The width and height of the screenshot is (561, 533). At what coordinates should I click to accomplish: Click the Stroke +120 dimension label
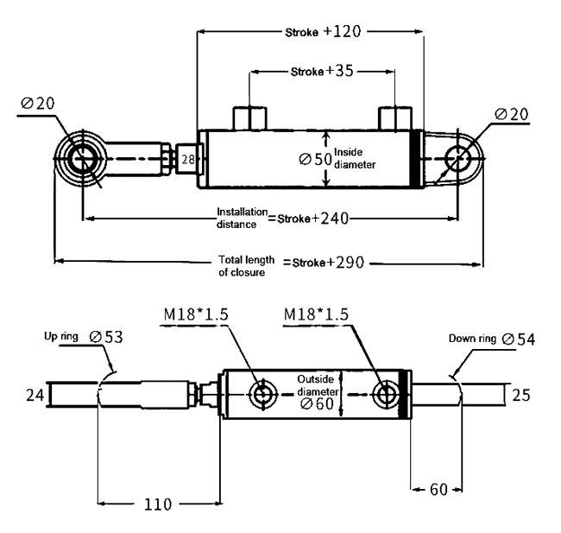323,32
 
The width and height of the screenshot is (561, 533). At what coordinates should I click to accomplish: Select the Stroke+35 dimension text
322,71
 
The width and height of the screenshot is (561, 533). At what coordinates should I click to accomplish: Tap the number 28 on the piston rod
188,160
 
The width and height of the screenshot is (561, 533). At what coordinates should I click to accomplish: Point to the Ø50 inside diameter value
315,159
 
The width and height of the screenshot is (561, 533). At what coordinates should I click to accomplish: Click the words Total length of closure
247,266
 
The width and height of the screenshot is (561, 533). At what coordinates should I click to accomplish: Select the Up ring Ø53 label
84,337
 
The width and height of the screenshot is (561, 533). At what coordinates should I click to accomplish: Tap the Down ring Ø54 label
492,339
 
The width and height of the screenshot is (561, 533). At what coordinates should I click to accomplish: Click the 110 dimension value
158,504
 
